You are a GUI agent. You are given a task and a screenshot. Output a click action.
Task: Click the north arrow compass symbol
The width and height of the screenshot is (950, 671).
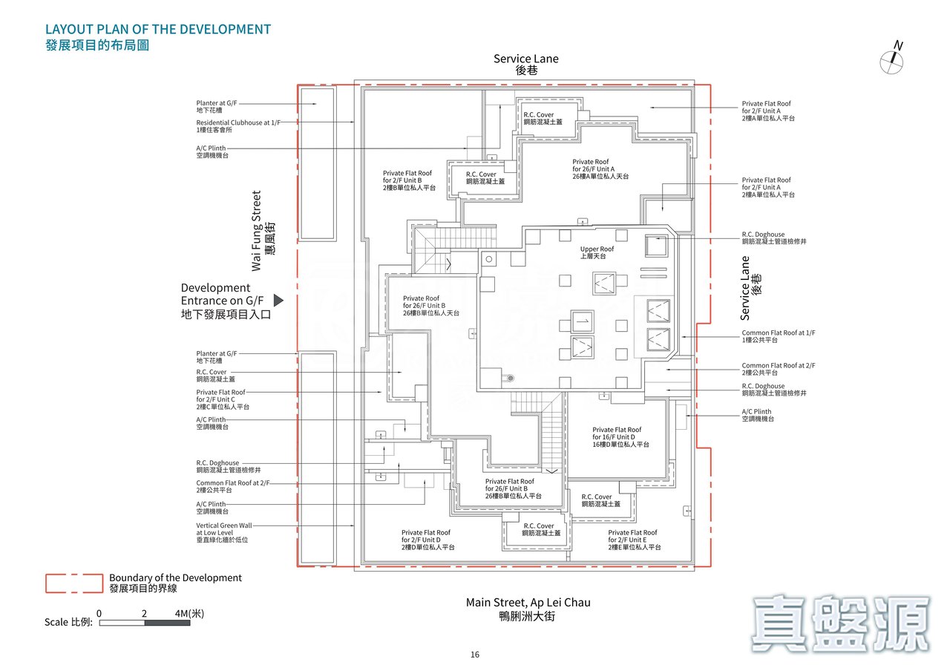[x=892, y=62]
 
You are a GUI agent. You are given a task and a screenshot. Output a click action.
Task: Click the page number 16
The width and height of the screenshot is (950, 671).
[x=475, y=655]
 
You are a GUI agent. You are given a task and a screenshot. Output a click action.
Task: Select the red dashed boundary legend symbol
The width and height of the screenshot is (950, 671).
[x=73, y=583]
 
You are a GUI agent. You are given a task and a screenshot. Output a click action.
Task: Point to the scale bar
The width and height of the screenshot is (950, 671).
[x=145, y=622]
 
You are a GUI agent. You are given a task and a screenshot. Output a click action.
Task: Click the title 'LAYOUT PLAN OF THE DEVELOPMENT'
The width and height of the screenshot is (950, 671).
[x=158, y=30]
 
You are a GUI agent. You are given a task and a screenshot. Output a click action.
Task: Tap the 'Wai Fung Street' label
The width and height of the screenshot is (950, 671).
[x=257, y=231]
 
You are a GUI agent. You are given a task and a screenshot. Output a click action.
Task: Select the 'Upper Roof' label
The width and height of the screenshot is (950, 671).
[x=597, y=252]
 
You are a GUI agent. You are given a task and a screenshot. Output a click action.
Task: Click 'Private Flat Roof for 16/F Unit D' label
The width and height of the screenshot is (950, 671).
[x=620, y=436]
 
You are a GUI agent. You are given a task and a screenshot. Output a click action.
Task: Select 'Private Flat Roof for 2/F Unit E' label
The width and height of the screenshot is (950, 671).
[x=634, y=540]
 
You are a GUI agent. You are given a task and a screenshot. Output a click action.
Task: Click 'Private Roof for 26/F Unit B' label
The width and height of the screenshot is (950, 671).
[x=430, y=306]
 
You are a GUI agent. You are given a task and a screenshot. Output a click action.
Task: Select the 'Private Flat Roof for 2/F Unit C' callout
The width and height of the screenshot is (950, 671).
[x=220, y=399]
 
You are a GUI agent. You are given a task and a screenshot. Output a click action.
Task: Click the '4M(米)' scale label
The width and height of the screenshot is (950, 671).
[x=189, y=613]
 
